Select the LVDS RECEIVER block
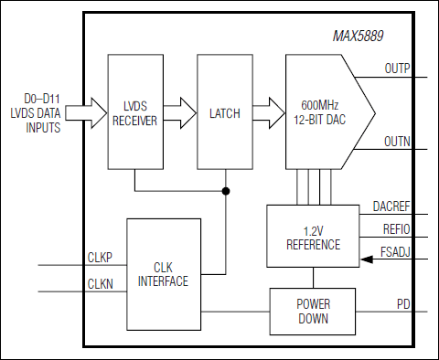[134, 112]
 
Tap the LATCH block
[224, 112]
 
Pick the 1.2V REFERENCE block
[313, 237]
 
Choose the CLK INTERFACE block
[163, 274]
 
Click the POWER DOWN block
[312, 312]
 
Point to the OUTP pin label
[397, 67]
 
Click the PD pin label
[402, 302]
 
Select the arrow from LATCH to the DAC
[269, 112]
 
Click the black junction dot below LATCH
[225, 192]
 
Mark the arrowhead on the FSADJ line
[366, 260]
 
